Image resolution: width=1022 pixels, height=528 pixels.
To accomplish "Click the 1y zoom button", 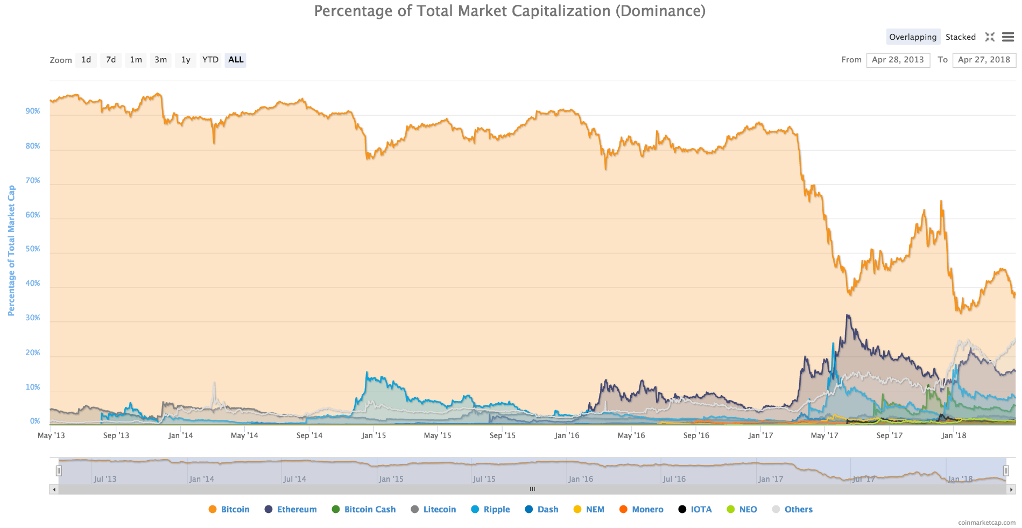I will [186, 60].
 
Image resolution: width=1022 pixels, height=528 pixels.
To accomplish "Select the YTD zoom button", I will [210, 60].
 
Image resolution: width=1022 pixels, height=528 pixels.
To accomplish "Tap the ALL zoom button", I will [236, 60].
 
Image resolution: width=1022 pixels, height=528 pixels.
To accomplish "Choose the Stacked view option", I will [960, 37].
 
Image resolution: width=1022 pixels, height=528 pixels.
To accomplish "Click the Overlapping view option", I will [912, 37].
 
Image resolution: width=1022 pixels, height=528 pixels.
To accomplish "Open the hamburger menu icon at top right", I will [1007, 37].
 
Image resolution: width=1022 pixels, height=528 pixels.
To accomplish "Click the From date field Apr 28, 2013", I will [898, 60].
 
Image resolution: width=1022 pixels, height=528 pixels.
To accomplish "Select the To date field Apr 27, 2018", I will [983, 60].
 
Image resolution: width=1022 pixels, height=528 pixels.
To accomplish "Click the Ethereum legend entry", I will [297, 509].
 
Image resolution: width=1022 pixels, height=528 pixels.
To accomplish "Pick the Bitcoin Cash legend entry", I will [369, 509].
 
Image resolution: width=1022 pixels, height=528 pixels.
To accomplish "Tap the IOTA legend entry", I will [701, 509].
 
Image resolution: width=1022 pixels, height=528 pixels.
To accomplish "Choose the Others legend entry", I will [798, 509].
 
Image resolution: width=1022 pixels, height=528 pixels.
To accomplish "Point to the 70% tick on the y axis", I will [33, 180].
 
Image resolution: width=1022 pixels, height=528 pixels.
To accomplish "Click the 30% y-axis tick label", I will [33, 318].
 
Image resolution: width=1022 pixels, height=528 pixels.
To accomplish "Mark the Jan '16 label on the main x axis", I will [567, 435].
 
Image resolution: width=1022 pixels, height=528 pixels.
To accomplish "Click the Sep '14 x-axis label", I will [309, 435].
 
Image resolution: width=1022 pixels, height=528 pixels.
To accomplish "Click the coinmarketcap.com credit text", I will [986, 523].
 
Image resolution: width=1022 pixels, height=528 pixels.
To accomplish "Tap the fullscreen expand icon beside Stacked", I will [990, 37].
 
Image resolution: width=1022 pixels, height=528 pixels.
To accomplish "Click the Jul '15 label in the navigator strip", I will [484, 479].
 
